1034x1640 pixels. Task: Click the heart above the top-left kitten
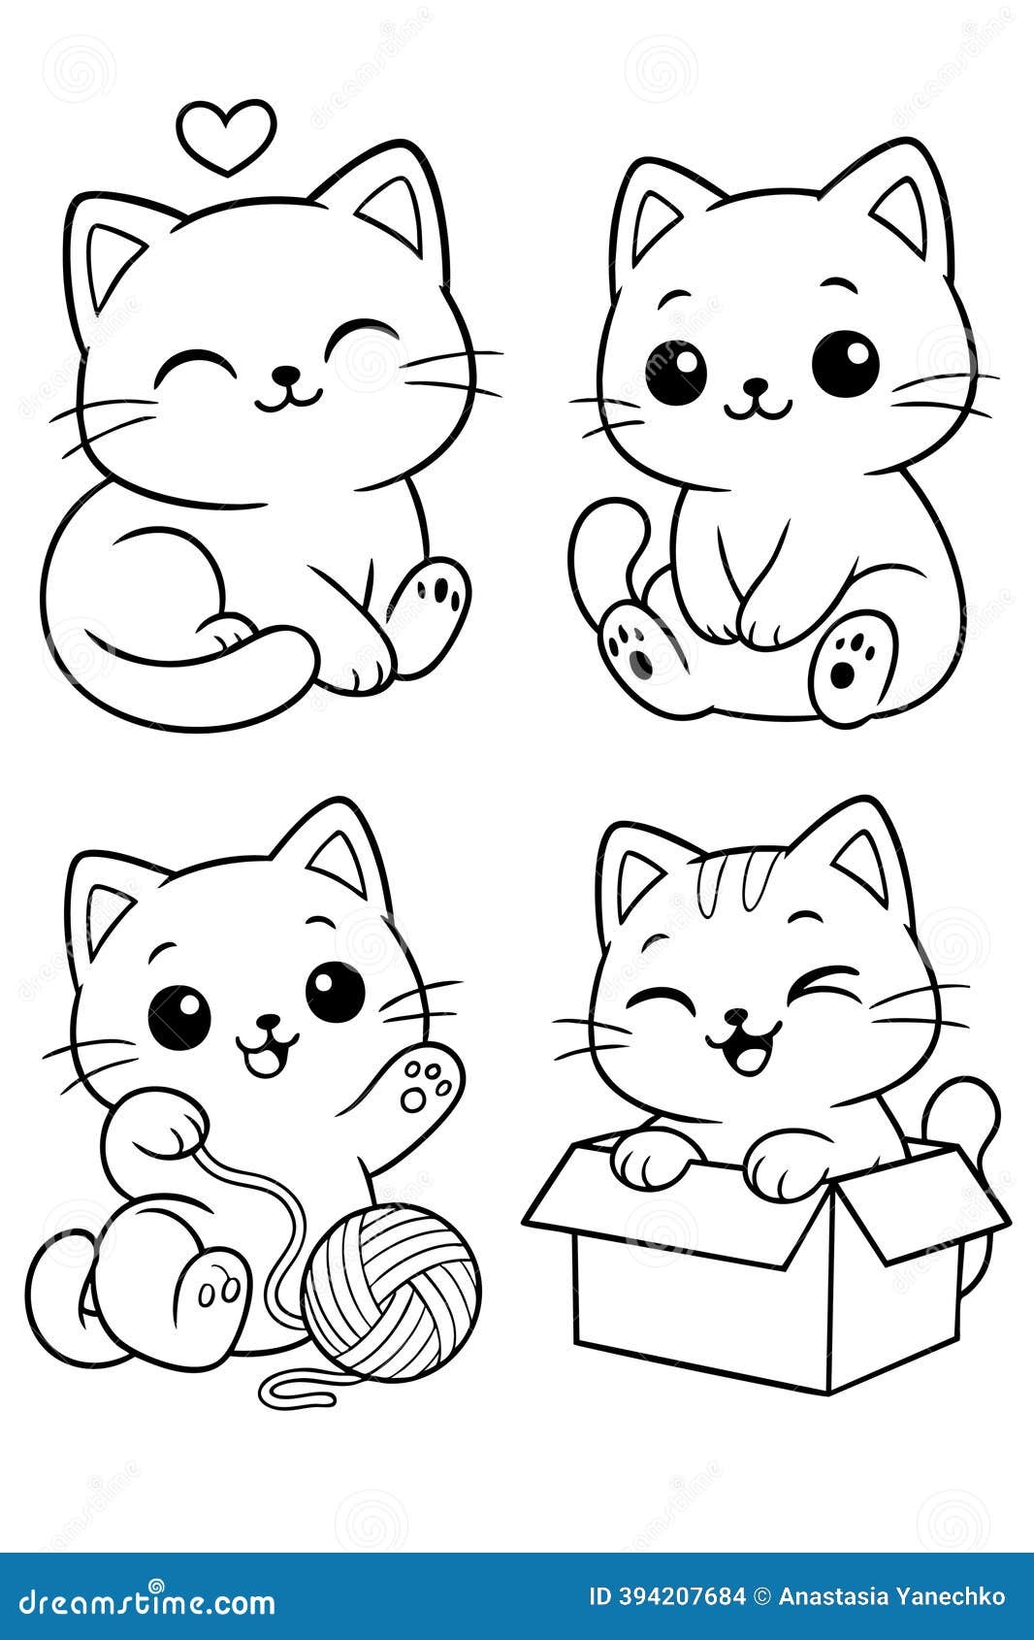point(226,137)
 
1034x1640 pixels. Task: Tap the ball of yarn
point(391,1290)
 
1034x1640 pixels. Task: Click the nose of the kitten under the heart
point(285,374)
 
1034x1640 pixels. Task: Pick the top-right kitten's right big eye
point(845,363)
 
